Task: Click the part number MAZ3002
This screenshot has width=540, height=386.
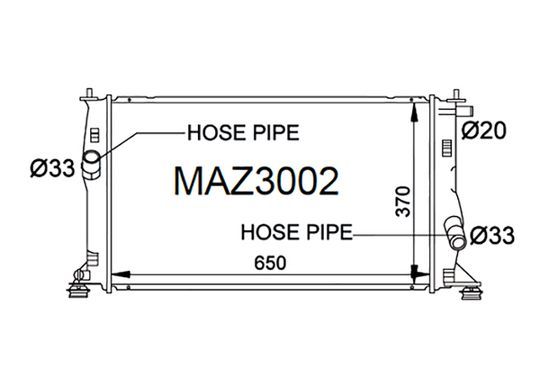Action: point(256,182)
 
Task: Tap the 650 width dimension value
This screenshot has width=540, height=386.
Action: point(270,263)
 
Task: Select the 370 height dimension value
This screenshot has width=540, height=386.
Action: point(403,202)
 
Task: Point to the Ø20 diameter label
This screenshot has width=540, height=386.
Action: point(483,130)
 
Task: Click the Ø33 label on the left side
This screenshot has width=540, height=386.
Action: point(52,167)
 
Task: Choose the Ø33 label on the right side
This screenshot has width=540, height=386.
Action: point(492,236)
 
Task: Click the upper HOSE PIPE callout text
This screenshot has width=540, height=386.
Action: point(243,132)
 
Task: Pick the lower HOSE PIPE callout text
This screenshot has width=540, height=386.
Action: point(297,231)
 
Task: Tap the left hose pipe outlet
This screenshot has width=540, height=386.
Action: point(91,165)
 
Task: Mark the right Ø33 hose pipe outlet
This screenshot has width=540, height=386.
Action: point(455,233)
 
